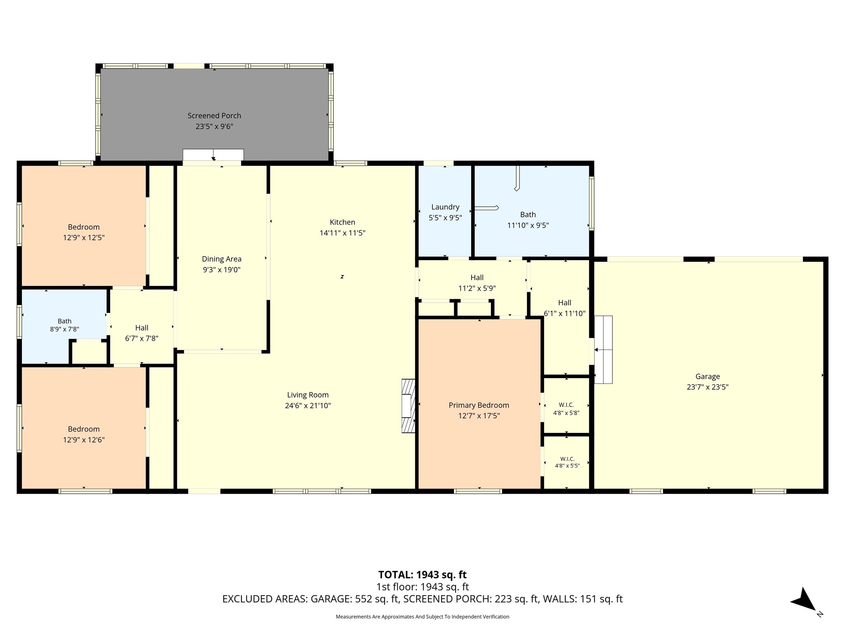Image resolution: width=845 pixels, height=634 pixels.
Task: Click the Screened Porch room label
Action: (x=214, y=116)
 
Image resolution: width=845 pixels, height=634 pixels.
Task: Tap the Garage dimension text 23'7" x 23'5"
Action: (x=708, y=387)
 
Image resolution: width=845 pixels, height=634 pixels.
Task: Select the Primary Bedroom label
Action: (x=479, y=405)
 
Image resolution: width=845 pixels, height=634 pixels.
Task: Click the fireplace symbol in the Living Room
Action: (x=408, y=406)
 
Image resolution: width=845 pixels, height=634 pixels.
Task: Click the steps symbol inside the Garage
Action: (x=603, y=350)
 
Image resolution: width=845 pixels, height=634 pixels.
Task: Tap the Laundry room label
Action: (x=445, y=207)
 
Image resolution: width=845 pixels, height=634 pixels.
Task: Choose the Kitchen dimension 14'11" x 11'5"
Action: (x=342, y=233)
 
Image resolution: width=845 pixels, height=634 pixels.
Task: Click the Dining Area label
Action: (x=222, y=259)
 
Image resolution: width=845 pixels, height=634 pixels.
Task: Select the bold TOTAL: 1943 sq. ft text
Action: (x=422, y=575)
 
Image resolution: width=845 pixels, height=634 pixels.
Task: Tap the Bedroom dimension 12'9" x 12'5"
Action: (x=84, y=238)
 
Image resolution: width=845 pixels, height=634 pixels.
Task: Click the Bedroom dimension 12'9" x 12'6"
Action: (x=84, y=440)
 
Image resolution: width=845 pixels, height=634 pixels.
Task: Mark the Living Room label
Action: (x=308, y=395)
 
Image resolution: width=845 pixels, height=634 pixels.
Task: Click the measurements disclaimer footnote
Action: (x=422, y=617)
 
